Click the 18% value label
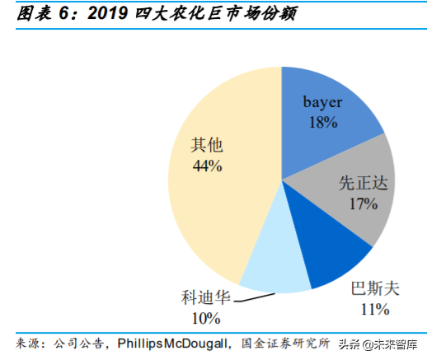[x=321, y=122]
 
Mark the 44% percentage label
[x=206, y=166]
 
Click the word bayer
[x=321, y=103]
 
